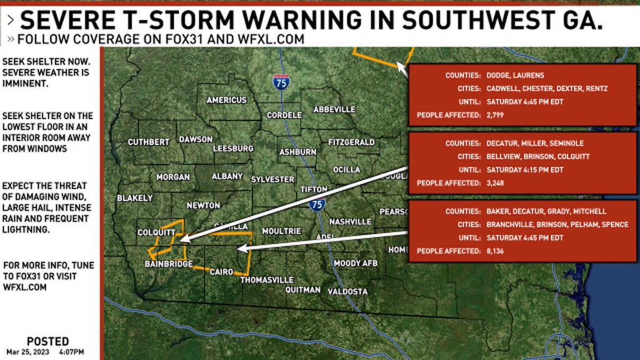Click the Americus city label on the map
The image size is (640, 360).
[227, 100]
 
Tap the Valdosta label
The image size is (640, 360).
[347, 291]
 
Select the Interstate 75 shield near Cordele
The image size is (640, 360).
[281, 82]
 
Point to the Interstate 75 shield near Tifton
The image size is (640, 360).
[317, 204]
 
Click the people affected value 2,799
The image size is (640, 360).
[495, 115]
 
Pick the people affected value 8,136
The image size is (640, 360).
[495, 251]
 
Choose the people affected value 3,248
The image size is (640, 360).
[495, 183]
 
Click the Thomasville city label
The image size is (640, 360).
[267, 279]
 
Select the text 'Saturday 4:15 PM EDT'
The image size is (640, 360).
[525, 170]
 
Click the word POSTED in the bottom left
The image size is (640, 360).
[47, 341]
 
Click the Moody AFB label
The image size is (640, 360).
[355, 263]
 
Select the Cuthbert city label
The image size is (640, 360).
[148, 142]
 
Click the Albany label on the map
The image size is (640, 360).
[227, 176]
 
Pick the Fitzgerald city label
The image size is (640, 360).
[351, 142]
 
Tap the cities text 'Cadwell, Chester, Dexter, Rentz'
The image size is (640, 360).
[547, 89]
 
